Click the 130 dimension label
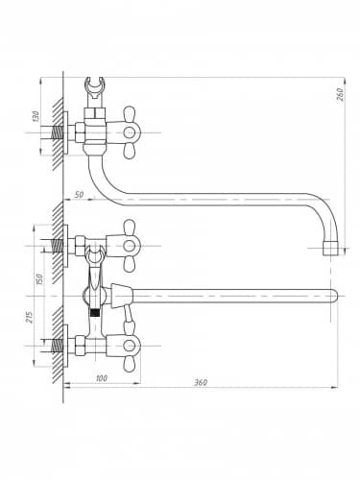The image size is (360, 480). tap(36, 116)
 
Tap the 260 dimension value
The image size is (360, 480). tap(340, 94)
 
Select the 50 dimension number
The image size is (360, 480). tap(79, 194)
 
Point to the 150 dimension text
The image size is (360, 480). tap(39, 279)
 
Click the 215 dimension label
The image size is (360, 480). tap(30, 317)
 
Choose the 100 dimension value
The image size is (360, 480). tap(102, 378)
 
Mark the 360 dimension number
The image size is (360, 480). tap(201, 382)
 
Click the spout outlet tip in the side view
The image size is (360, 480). tap(330, 249)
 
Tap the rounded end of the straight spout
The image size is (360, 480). tap(334, 296)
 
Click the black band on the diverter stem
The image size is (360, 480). tap(94, 313)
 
